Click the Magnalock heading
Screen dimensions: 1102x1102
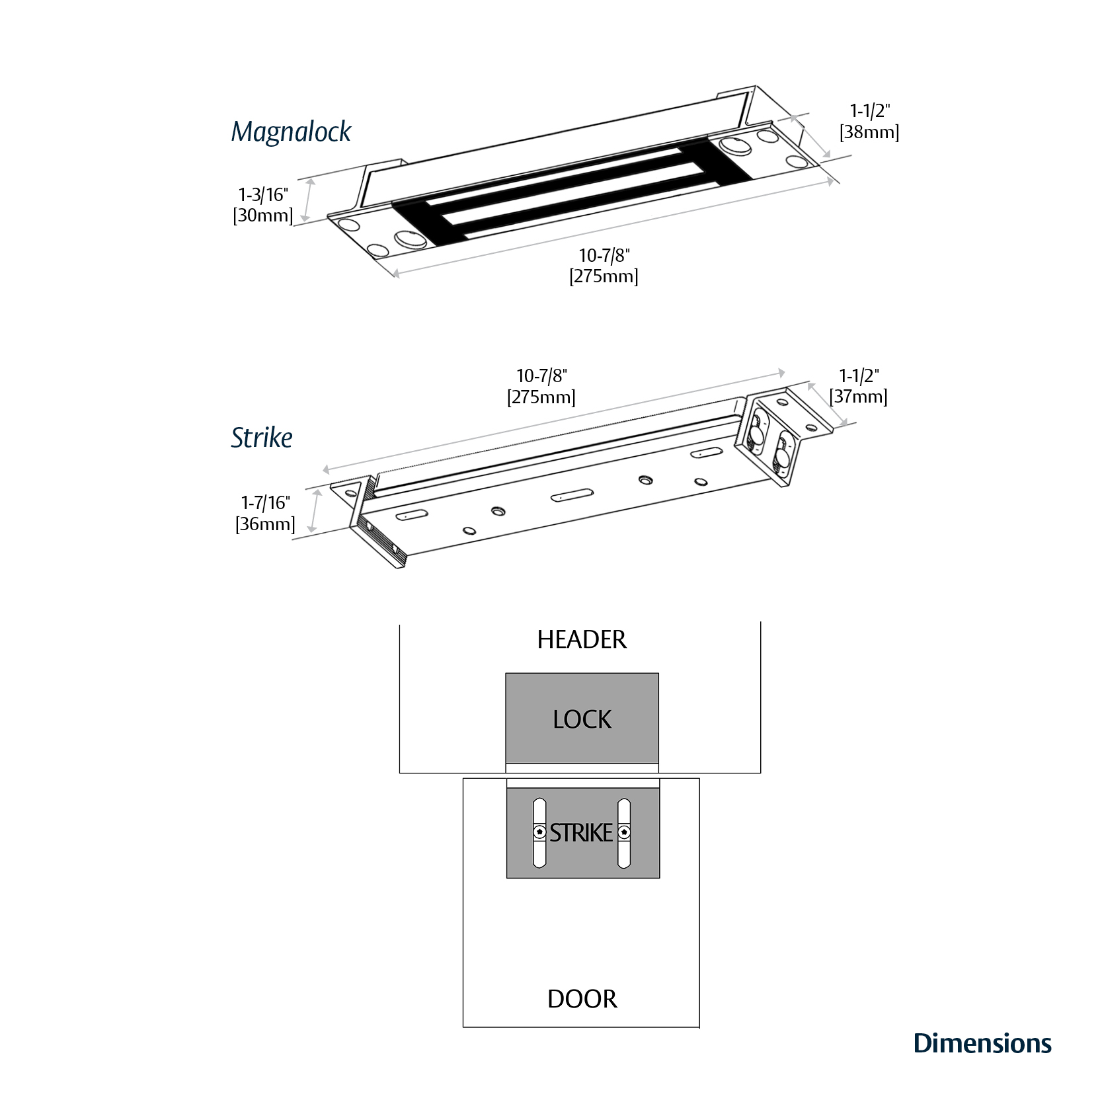(x=291, y=132)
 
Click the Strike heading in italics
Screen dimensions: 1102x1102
(x=261, y=438)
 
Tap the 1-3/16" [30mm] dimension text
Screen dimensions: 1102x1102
(x=263, y=205)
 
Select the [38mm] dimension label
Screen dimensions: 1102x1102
(x=869, y=132)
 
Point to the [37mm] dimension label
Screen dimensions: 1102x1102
(x=858, y=397)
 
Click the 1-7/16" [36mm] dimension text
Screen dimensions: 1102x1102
(x=265, y=514)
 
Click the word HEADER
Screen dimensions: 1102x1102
(x=581, y=640)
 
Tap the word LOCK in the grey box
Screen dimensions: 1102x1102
(x=582, y=719)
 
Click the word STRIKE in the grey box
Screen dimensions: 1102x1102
(x=581, y=833)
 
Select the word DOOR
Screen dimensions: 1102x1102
(x=582, y=999)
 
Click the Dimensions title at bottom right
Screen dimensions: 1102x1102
(x=982, y=1043)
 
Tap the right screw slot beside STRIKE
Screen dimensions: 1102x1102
(x=623, y=833)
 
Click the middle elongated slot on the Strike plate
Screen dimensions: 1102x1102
(x=571, y=495)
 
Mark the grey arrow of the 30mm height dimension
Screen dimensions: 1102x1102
(x=307, y=202)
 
